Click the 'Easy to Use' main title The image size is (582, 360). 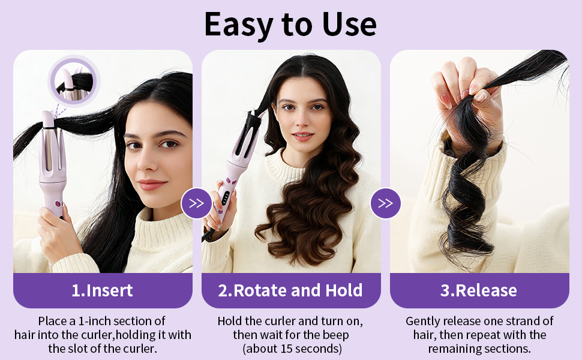point(290,25)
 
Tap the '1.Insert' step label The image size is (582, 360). point(102,290)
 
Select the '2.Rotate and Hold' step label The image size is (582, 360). point(290,290)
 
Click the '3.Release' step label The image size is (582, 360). point(479,290)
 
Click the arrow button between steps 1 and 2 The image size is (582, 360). point(196,203)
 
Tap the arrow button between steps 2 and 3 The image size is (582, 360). point(385,203)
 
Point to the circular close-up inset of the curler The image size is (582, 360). point(74,81)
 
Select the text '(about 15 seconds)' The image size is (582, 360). point(292,349)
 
